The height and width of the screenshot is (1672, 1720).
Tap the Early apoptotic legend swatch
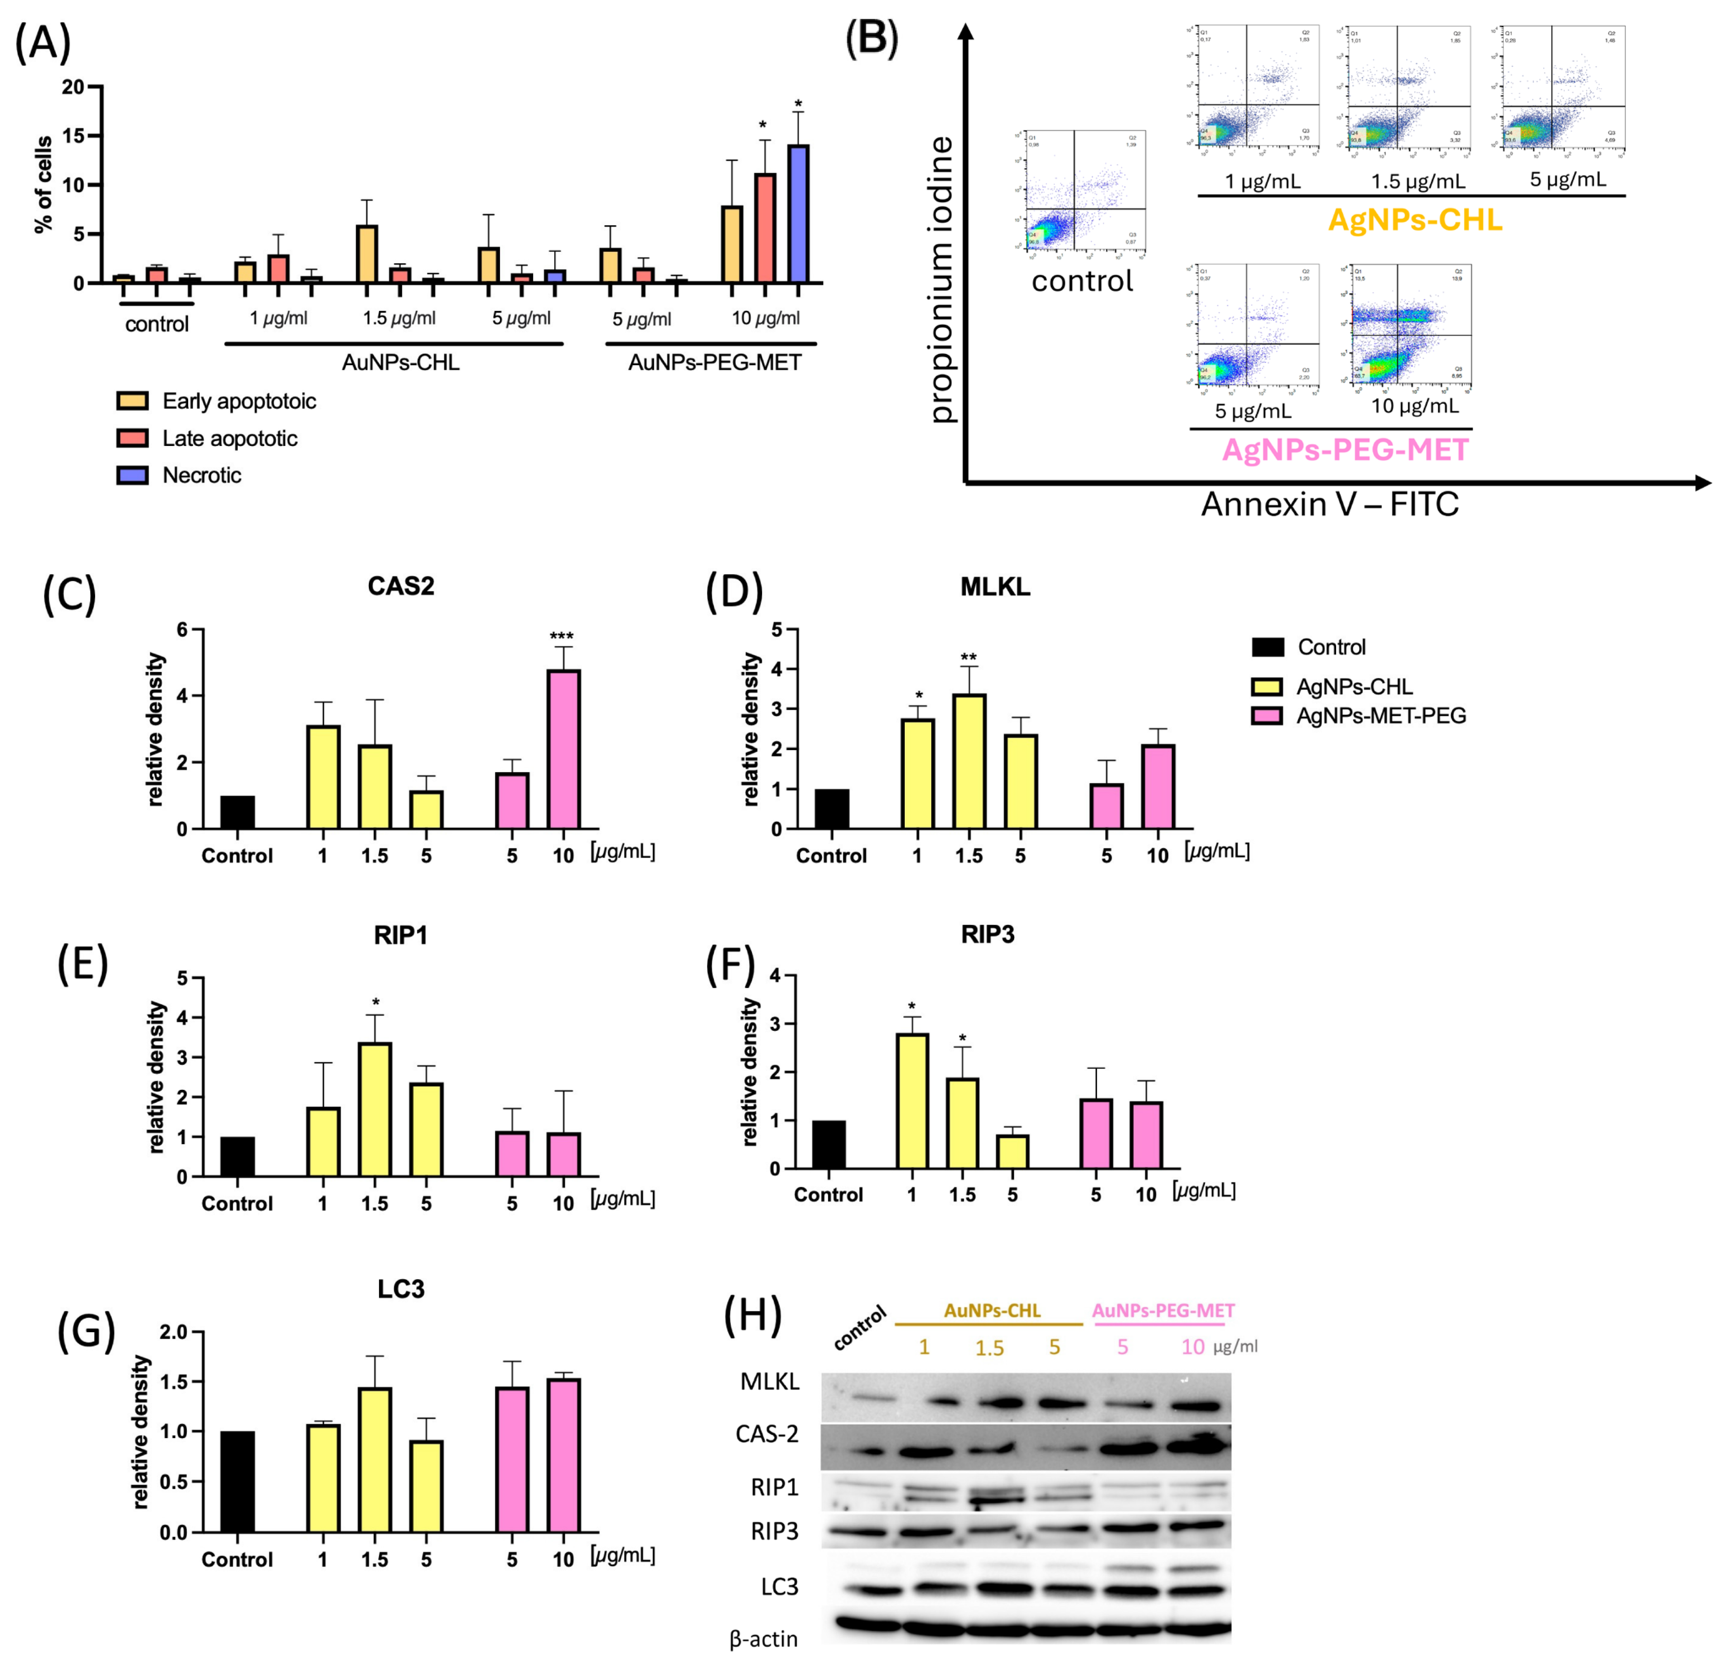click(133, 401)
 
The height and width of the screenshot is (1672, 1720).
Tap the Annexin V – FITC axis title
click(1329, 504)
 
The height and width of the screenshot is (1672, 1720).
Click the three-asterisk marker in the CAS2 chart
click(561, 637)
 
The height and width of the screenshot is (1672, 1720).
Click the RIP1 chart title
click(400, 935)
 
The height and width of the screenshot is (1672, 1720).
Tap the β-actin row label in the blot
click(763, 1639)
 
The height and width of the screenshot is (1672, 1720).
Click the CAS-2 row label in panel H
click(767, 1434)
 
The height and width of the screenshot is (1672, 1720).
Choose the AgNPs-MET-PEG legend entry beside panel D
click(1380, 716)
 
